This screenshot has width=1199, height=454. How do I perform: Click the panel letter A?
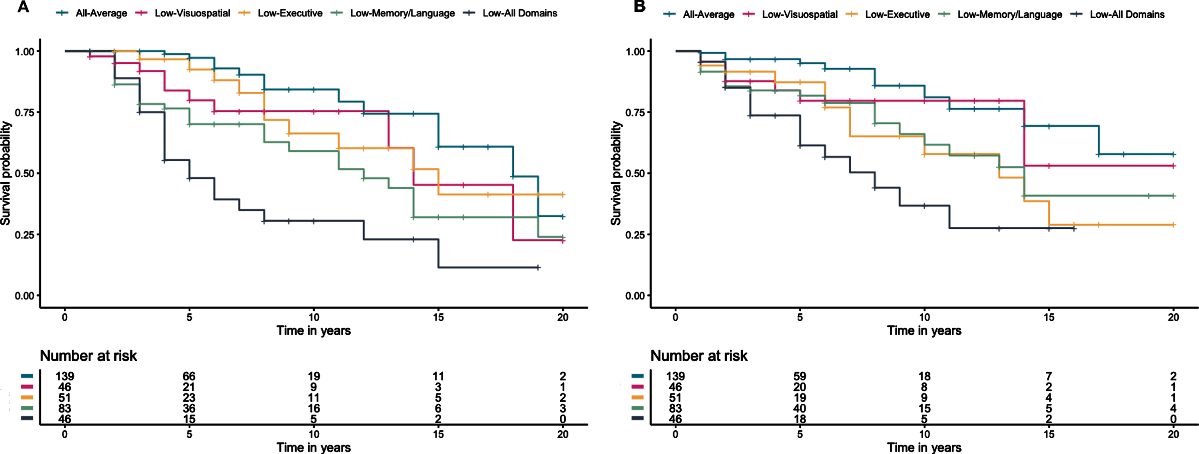23,7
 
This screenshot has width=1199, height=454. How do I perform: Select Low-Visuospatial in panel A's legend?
192,14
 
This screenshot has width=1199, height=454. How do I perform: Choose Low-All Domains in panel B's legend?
1127,14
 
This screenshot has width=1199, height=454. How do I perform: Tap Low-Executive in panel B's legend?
897,14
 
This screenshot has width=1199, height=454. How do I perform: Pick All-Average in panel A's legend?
101,14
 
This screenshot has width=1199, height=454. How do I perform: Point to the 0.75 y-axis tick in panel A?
25,113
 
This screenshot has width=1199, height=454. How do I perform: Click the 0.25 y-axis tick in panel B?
635,235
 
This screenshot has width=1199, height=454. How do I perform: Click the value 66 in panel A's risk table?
189,376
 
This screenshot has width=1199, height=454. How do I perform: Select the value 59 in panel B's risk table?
800,376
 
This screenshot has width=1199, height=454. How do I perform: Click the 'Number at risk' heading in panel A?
88,356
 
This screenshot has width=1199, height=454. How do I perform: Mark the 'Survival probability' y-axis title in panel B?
616,173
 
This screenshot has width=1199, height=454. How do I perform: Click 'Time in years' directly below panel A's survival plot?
314,331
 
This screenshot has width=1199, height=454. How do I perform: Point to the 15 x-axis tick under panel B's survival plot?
1049,318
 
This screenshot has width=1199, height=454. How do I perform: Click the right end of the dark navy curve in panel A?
538,267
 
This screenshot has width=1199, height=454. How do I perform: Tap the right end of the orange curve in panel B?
1174,225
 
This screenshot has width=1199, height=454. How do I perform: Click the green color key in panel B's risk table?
638,408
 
